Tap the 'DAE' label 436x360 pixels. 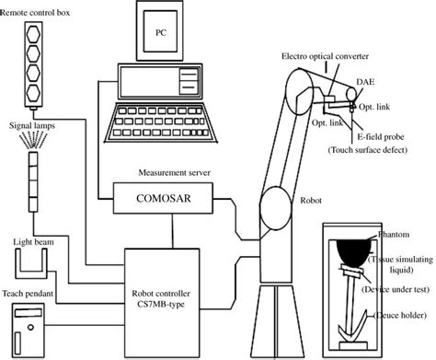[x=364, y=82]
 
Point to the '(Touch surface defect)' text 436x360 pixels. [x=369, y=148]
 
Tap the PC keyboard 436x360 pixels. [x=156, y=118]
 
